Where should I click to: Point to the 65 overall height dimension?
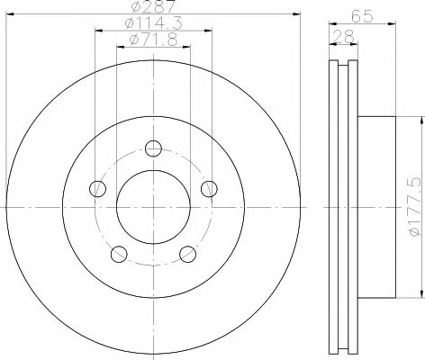[363, 15]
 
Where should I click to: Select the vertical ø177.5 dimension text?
[415, 208]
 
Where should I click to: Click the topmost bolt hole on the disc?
[153, 148]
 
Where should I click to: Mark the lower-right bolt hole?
[187, 254]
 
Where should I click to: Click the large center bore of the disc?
[153, 207]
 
